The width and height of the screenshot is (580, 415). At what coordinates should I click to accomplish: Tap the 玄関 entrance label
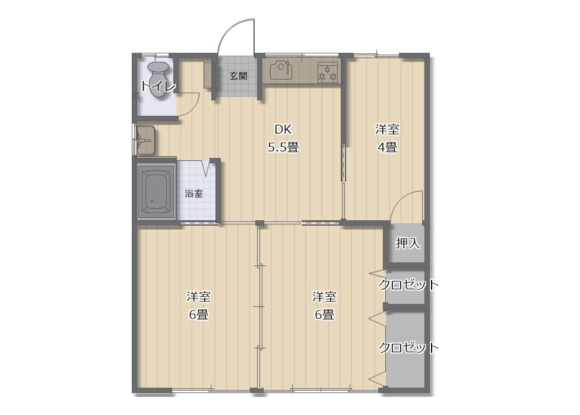(239, 76)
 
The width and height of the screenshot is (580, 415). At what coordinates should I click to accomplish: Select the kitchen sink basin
(281, 71)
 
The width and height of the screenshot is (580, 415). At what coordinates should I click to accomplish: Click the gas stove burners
(328, 72)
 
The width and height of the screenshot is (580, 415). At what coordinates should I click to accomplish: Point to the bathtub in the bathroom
(156, 191)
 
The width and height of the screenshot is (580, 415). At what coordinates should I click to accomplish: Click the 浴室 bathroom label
(194, 193)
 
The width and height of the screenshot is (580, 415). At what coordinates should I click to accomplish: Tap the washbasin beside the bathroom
(145, 140)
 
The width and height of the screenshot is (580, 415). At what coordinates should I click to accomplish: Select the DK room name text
(283, 129)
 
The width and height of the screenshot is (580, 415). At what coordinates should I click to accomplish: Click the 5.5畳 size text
(283, 147)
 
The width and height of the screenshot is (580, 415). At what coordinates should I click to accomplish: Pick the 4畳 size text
(387, 147)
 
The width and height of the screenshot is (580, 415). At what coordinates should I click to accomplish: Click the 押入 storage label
(408, 243)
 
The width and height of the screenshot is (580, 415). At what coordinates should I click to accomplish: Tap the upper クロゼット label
(408, 284)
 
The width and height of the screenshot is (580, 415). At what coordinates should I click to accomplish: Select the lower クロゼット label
(408, 347)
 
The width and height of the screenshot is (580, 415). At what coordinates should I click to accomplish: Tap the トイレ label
(158, 87)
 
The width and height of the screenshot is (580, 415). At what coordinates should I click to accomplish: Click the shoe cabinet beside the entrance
(208, 75)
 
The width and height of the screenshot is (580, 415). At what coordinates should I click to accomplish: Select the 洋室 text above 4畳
(387, 129)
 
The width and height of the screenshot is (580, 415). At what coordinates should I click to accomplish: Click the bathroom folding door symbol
(206, 167)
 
